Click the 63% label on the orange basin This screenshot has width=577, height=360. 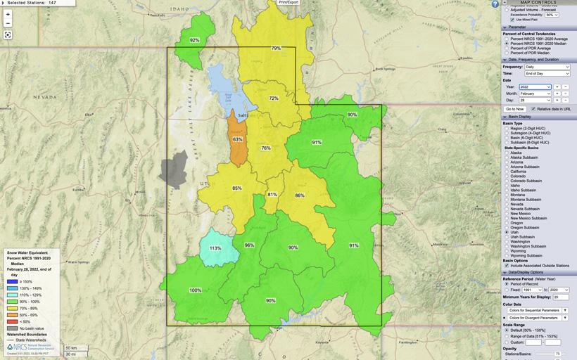238,139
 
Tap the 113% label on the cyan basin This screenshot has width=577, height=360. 215,248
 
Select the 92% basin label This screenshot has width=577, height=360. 195,40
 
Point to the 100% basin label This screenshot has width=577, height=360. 195,290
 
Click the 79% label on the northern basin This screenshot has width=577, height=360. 277,48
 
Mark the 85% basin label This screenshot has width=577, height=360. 237,188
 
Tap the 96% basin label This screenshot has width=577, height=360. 249,245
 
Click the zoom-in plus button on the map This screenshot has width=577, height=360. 8,14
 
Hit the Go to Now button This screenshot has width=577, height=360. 514,109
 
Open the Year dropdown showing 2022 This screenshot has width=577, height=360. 535,86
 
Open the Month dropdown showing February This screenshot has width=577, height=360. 535,94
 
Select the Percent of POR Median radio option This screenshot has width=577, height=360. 506,53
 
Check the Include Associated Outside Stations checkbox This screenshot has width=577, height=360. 506,265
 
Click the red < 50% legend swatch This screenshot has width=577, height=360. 11,321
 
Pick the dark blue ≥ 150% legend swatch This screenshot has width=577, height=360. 11,281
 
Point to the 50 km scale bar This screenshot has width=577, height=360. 72,348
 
